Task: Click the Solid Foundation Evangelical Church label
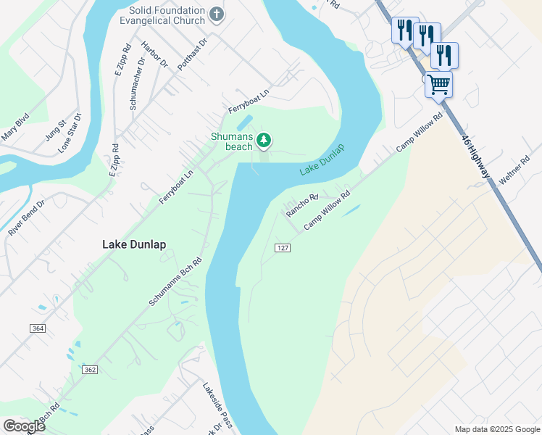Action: click(x=167, y=16)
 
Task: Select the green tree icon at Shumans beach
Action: click(x=264, y=139)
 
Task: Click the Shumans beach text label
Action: click(x=232, y=141)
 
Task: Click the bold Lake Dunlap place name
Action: click(x=134, y=245)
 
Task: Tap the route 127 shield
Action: click(x=283, y=248)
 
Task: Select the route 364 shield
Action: click(x=39, y=328)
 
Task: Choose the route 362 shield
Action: click(x=90, y=370)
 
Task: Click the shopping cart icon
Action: click(x=438, y=84)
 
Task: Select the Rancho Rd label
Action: click(x=302, y=205)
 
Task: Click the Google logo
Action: click(x=24, y=426)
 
